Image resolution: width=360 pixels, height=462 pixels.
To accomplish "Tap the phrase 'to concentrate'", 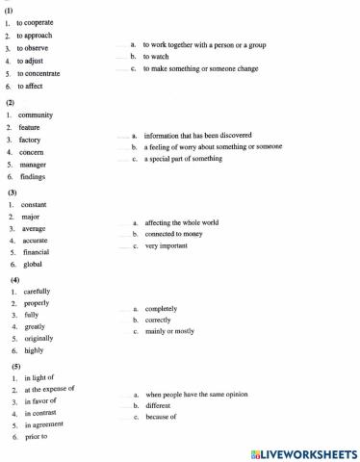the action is (39, 73).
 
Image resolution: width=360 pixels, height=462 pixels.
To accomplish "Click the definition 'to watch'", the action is (156, 57).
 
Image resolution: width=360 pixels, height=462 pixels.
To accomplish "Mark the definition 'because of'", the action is (161, 417).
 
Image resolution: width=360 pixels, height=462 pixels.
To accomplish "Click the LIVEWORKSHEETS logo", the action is (303, 451).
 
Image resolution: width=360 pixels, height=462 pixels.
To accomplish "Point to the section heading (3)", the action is (13, 192).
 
